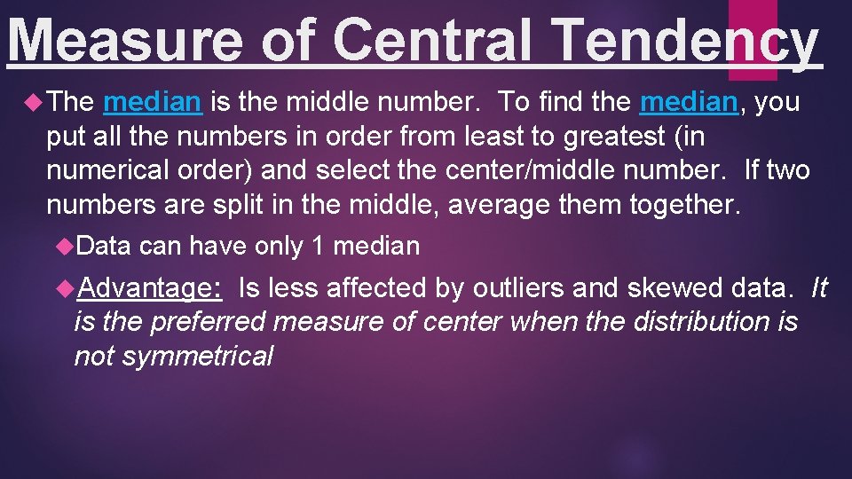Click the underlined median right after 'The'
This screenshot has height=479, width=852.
click(x=153, y=102)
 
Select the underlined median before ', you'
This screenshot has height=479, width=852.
click(x=689, y=102)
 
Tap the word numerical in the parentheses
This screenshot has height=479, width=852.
click(x=107, y=170)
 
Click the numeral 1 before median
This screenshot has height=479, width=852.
click(x=318, y=246)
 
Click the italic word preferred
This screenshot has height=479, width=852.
click(x=207, y=321)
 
